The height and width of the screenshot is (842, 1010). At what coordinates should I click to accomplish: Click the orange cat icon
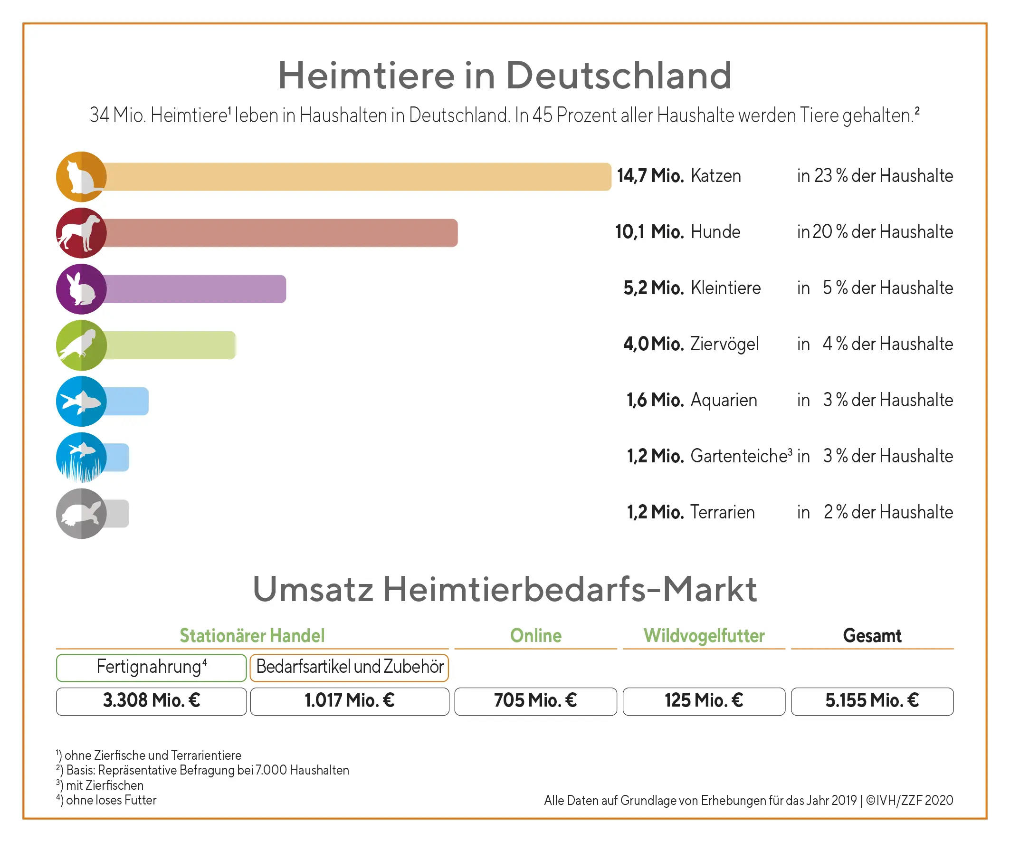point(81,177)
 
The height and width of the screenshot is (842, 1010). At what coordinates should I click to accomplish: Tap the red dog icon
point(81,233)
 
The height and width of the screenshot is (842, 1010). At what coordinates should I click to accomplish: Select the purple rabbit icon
point(81,289)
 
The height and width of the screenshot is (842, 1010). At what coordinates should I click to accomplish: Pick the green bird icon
point(81,345)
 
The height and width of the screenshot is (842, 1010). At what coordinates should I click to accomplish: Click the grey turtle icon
point(81,513)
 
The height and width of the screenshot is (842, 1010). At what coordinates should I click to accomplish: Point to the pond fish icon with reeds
point(81,457)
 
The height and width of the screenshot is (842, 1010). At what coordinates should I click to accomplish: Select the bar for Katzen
point(356,177)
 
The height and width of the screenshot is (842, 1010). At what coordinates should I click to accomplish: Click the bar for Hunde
point(279,233)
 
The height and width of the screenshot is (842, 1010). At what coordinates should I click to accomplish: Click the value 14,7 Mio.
point(650,176)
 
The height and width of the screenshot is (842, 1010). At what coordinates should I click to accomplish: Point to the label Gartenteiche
point(741,456)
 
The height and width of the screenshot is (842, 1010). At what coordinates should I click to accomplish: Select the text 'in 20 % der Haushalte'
point(875,232)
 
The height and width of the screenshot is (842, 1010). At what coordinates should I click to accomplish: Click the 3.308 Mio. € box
point(152,701)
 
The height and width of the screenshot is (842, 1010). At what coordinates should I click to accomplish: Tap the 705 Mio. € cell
point(535,701)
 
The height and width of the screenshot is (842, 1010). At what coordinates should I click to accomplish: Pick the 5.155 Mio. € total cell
point(872,701)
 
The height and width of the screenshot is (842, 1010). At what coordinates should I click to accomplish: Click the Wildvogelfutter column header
point(704,636)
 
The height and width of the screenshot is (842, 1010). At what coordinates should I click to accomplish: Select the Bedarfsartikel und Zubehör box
point(349,667)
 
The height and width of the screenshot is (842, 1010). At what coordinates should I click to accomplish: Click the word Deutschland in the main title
point(619,76)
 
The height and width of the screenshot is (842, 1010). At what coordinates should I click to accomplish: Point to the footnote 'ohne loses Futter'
point(111,800)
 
